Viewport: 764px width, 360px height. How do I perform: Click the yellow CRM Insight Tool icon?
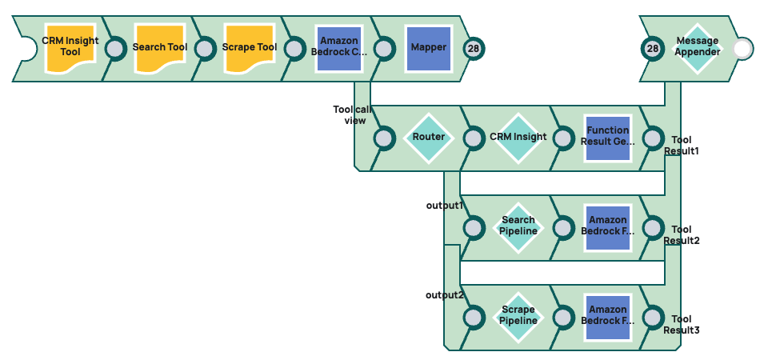coord(70,47)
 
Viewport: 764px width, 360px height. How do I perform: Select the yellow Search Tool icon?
coord(160,47)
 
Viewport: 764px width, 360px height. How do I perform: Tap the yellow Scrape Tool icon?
coord(250,47)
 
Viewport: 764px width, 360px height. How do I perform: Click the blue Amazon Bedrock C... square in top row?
coord(339,47)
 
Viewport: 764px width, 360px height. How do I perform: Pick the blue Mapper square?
coord(429,47)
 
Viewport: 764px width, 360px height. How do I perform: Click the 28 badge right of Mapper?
coord(474,48)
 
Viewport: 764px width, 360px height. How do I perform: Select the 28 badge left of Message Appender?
coord(653,48)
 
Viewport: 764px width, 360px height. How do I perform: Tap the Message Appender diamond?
coord(697,47)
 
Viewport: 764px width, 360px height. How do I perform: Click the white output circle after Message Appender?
coord(742,48)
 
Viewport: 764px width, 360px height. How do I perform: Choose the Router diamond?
coord(429,137)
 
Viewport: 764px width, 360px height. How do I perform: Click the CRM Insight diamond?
coord(518,137)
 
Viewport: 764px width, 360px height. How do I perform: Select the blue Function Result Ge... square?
coord(608,137)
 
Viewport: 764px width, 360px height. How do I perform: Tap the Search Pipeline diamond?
coord(518,226)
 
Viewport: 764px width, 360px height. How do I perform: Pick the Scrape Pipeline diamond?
coord(518,316)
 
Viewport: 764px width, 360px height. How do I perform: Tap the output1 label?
coord(445,206)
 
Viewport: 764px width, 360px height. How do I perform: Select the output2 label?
coord(445,295)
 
